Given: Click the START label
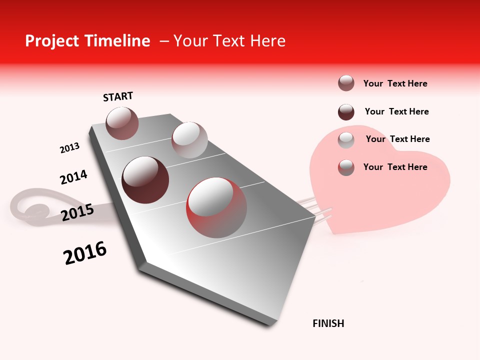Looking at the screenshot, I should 118,96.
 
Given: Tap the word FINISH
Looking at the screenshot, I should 328,323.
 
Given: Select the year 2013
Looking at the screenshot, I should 69,148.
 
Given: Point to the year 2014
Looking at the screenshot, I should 73,177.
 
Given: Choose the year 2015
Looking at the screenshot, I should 77,212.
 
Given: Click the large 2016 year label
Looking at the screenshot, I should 85,253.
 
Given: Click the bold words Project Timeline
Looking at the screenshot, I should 87,41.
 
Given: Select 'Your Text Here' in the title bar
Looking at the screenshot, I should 229,41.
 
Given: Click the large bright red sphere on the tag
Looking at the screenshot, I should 216,207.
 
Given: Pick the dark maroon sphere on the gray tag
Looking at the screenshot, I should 145,180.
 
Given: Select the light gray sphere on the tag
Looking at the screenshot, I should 189,140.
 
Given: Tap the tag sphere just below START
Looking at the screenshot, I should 122,123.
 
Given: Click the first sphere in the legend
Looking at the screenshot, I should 346,83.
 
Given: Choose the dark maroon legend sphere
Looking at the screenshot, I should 346,111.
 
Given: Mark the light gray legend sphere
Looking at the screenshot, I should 346,140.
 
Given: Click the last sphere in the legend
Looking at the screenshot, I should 346,167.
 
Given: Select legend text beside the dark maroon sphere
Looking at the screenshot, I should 396,111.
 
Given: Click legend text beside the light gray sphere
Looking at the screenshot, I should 397,139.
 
